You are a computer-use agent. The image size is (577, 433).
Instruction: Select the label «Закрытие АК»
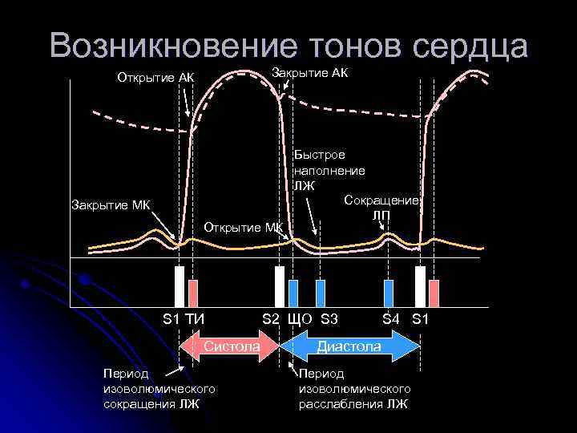pyautogui.click(x=311, y=73)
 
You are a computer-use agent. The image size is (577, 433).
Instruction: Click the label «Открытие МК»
pyautogui.click(x=244, y=226)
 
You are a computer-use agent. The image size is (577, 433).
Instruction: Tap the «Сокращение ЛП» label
pyautogui.click(x=381, y=207)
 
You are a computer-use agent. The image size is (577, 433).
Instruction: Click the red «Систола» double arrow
pyautogui.click(x=231, y=346)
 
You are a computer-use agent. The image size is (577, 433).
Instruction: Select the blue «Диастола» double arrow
pyautogui.click(x=349, y=346)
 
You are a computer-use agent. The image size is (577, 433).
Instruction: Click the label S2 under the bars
pyautogui.click(x=271, y=319)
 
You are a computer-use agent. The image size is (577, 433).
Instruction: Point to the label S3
pyautogui.click(x=329, y=319)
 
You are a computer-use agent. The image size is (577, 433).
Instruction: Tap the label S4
pyautogui.click(x=390, y=319)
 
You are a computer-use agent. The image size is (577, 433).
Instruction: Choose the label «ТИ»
pyautogui.click(x=196, y=319)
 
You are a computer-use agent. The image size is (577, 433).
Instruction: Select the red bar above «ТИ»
pyautogui.click(x=192, y=293)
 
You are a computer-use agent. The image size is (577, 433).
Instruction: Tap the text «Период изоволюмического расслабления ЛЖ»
pyautogui.click(x=354, y=389)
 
